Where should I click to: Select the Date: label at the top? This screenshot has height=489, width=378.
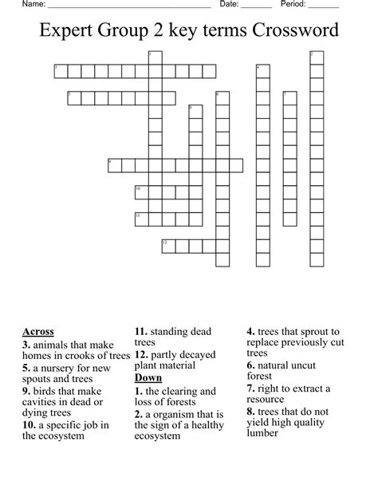pos(230,5)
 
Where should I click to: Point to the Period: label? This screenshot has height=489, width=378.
pos(294,5)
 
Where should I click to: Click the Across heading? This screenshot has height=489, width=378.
pos(38,331)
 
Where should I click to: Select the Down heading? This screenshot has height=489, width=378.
pos(148,377)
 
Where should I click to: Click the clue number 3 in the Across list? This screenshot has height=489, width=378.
pos(26,345)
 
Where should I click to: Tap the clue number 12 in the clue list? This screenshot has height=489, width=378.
pos(140,353)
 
